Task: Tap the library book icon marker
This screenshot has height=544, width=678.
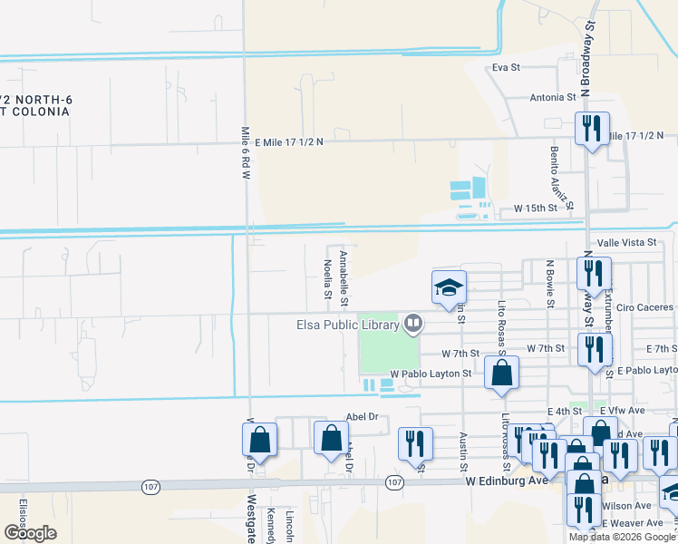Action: [413, 323]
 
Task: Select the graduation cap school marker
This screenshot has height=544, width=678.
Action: [449, 287]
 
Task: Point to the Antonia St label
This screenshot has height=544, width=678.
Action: [553, 97]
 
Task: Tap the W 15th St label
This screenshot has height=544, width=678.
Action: [535, 209]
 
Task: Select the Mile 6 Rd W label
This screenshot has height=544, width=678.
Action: [245, 153]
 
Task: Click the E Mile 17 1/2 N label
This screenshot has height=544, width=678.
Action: [289, 142]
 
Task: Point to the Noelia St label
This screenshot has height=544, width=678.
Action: [327, 279]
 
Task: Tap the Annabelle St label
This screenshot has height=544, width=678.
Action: [343, 277]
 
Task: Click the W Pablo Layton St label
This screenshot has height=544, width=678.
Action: [431, 374]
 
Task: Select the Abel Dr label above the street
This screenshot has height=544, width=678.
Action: [361, 418]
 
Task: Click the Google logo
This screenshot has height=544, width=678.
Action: [30, 533]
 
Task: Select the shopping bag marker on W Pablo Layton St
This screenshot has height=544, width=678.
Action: [501, 373]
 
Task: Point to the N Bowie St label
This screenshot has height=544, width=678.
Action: [548, 282]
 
